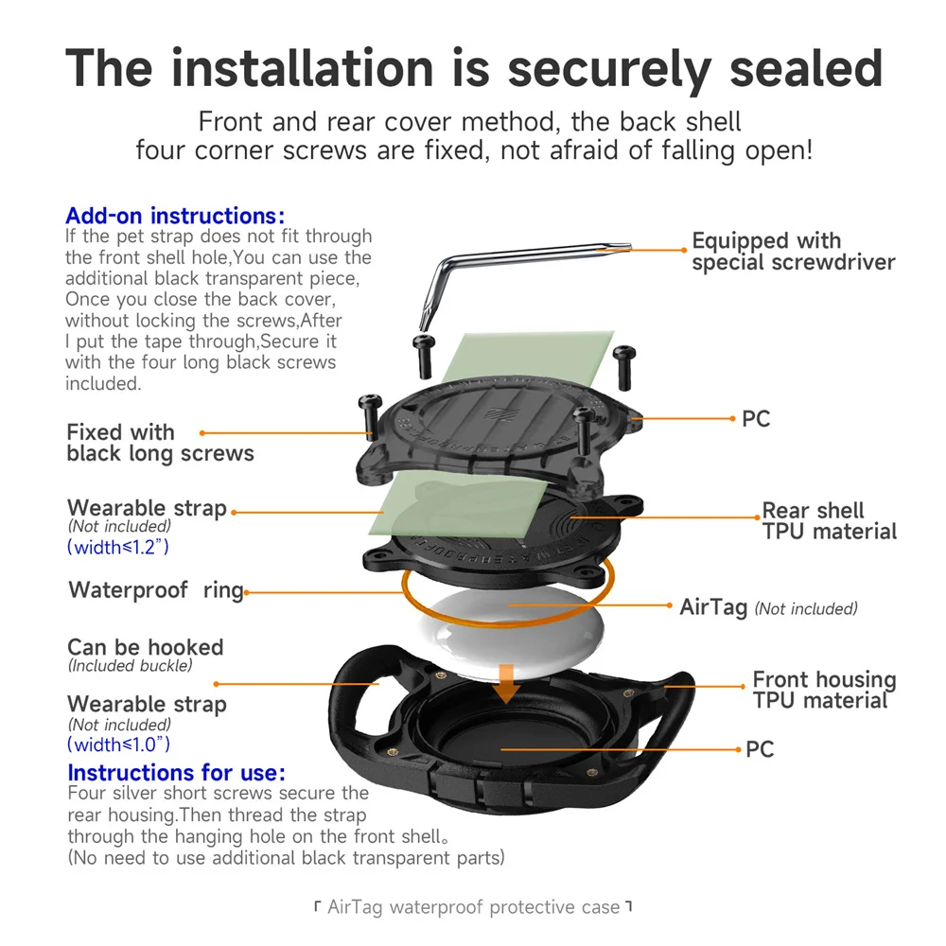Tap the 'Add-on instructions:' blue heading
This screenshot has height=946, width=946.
175,216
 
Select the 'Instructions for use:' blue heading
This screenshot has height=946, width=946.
177,773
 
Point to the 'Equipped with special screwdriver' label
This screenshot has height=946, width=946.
793,252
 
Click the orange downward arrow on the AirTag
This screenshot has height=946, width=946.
508,681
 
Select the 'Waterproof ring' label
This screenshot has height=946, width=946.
156,590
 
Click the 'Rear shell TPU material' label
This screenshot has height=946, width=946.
829,521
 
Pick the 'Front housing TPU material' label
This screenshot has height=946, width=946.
823,690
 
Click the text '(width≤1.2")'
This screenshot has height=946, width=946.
118,547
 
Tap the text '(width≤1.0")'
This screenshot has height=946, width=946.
119,745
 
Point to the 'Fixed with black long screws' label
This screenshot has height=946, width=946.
160,443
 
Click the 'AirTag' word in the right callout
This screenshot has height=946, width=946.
713,607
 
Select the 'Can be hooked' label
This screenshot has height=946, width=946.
146,648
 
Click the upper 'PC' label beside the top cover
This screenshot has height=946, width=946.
756,418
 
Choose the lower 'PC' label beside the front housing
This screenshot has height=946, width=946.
760,749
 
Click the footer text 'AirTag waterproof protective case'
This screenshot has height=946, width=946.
473,907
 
